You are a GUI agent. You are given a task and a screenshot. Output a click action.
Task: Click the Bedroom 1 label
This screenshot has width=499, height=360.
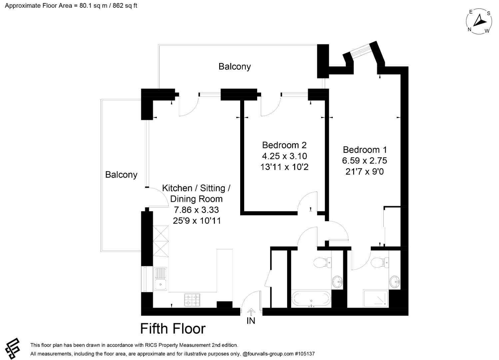click(x=365, y=150)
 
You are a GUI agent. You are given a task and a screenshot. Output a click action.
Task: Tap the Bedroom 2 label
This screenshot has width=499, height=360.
click(x=284, y=145)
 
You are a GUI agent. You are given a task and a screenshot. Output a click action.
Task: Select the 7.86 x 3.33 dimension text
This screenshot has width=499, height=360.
click(x=196, y=210)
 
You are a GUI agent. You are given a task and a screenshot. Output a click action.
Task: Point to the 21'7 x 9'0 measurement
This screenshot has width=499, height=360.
click(x=364, y=172)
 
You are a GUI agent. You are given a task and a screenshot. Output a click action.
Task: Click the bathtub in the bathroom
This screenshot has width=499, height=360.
click(x=311, y=299)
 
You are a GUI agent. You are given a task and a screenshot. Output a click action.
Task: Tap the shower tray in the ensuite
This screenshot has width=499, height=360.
click(x=376, y=298)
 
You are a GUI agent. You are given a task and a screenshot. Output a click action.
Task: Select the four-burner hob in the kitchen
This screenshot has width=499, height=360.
click(x=192, y=300)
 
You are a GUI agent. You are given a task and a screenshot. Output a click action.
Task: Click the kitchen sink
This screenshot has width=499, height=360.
click(x=161, y=279)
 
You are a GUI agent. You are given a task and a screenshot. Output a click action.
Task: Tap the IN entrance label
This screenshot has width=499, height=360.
click(x=251, y=321)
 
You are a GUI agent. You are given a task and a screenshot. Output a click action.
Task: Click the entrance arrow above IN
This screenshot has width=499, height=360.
click(x=251, y=312)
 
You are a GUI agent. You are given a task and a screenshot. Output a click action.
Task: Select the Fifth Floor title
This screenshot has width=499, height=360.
click(x=173, y=329)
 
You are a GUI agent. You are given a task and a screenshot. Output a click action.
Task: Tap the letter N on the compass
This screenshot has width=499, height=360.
click(x=469, y=29)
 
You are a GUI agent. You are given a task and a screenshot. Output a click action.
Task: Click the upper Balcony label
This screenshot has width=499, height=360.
click(x=235, y=67)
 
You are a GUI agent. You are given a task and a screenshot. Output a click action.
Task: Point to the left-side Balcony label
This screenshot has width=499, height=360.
click(x=121, y=175)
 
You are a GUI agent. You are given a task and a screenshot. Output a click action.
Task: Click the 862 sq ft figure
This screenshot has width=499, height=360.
click(x=125, y=6)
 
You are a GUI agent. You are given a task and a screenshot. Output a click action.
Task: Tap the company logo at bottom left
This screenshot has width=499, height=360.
click(x=13, y=349)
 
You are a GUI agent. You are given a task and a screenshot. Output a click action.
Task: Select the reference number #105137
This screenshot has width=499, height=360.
click(x=305, y=354)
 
